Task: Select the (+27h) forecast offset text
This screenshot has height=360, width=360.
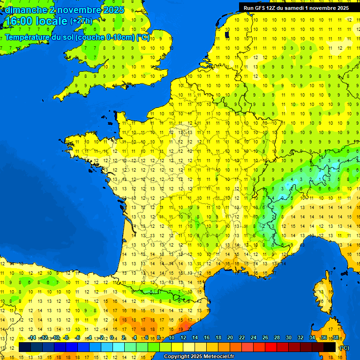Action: click(x=81, y=21)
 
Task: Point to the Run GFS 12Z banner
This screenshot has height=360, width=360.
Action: click(x=296, y=8)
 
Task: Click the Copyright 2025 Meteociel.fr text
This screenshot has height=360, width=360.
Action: click(x=199, y=356)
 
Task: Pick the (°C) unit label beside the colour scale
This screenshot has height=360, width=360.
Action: click(x=344, y=348)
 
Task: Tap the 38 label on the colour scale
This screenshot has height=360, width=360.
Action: click(x=335, y=337)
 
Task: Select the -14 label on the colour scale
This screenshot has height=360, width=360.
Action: click(x=32, y=337)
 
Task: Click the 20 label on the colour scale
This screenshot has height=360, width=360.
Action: click(x=230, y=337)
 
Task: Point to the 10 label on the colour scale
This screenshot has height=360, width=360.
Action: click(x=172, y=337)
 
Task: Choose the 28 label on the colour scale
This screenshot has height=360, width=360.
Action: click(x=277, y=337)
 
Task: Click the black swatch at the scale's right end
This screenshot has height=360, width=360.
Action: click(x=330, y=347)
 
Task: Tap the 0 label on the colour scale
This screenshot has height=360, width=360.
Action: click(x=113, y=337)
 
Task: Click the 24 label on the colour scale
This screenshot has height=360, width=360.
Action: click(x=254, y=337)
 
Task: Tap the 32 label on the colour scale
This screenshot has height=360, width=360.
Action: click(x=300, y=337)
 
